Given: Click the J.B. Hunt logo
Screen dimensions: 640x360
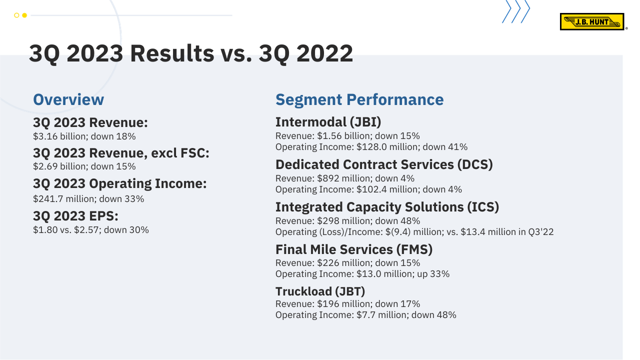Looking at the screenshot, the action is coord(591,21).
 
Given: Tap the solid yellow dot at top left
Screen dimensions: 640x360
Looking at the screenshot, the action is coord(24,15).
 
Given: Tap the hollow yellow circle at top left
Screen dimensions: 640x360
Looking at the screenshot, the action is coord(16,15).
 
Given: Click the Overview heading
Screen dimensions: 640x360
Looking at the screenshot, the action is coord(68,99).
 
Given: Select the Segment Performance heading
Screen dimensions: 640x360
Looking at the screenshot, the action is coord(359,99).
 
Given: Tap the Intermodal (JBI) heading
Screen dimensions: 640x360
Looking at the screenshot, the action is coord(328,122).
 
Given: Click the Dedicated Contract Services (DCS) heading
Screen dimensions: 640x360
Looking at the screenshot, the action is coord(384,164).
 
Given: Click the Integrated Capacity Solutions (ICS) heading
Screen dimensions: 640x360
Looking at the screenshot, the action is coord(387,207).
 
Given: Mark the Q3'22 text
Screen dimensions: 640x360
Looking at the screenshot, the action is coord(541,231).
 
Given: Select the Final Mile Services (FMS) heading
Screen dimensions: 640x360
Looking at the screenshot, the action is coord(354,249).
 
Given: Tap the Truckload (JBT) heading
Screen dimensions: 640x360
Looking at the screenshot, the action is coord(320,291).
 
